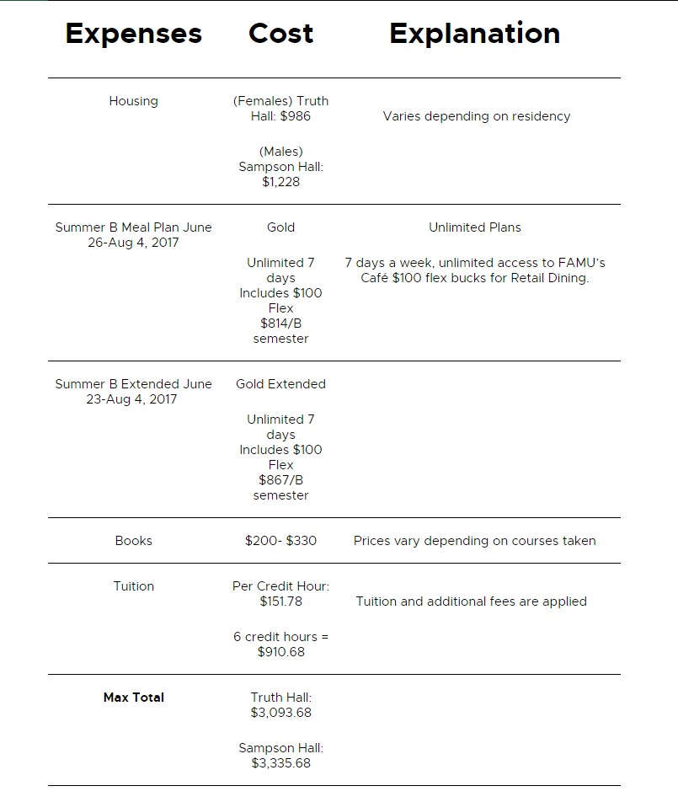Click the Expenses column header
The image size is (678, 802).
(x=133, y=34)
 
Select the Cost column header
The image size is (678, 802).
(x=280, y=34)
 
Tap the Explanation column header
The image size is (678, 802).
(x=474, y=34)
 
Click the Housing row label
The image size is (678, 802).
(x=133, y=101)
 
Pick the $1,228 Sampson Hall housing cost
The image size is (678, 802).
(x=280, y=182)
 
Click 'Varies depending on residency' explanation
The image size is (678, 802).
(x=476, y=116)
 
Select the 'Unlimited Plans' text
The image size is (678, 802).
(x=474, y=227)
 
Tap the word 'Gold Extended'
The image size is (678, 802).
(x=280, y=384)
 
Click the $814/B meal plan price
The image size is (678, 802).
(x=280, y=323)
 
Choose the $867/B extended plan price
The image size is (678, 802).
(x=280, y=480)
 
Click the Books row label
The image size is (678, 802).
(x=133, y=541)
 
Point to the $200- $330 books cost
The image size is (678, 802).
(x=280, y=541)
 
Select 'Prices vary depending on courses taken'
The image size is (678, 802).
(x=474, y=541)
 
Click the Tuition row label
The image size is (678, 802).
(x=133, y=586)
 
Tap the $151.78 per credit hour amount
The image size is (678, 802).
(x=280, y=601)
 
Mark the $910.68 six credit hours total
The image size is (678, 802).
(x=280, y=652)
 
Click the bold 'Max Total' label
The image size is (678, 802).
(x=133, y=698)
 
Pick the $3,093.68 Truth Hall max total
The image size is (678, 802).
(x=280, y=713)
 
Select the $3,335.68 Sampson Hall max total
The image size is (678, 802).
(x=280, y=763)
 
